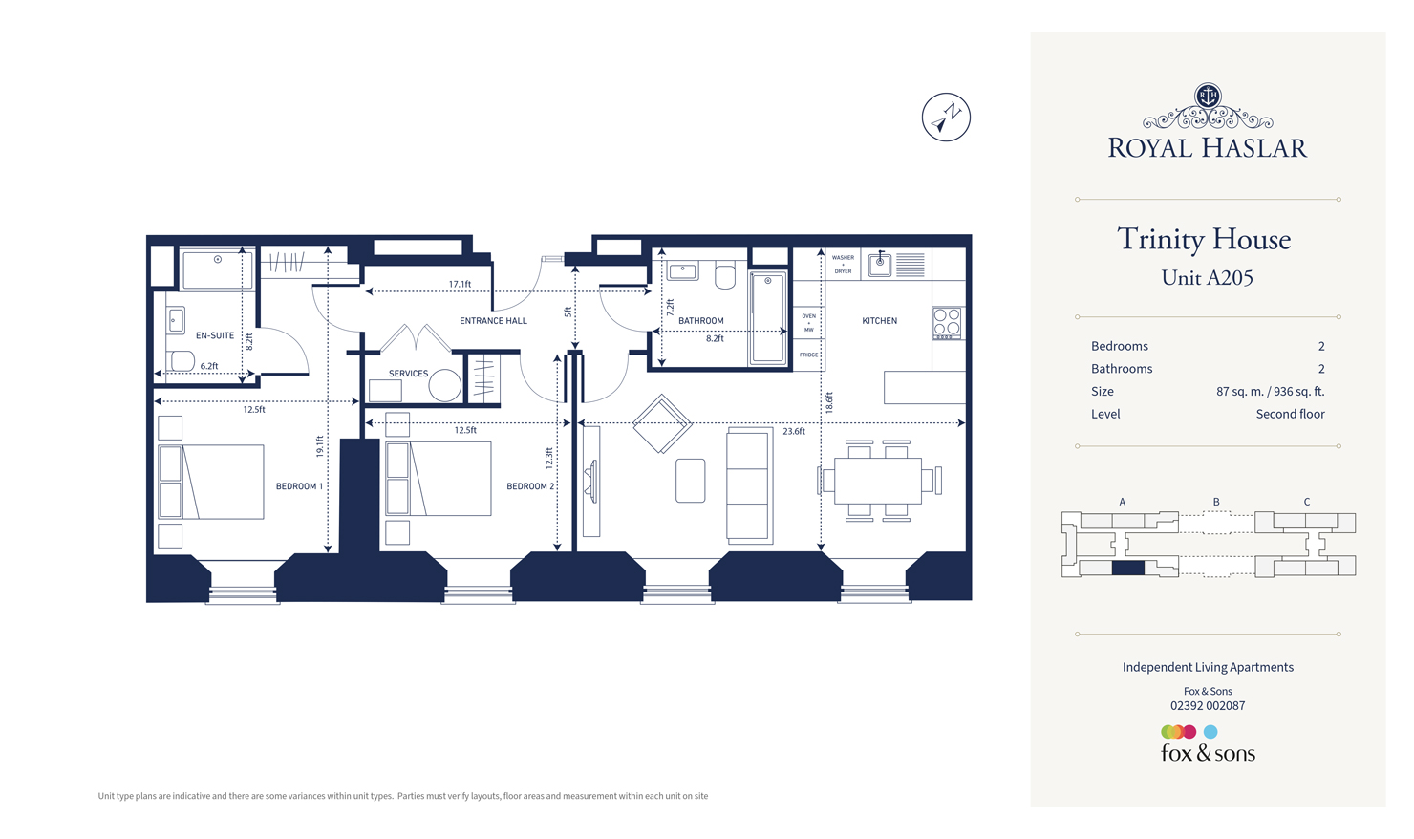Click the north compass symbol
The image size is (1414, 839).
[946, 118]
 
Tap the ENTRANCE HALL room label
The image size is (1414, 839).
[493, 321]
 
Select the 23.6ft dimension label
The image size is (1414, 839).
[793, 432]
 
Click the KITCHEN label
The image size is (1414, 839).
[879, 321]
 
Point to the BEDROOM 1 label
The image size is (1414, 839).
[299, 486]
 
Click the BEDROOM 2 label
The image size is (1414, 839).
[529, 486]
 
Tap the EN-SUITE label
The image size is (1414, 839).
[214, 335]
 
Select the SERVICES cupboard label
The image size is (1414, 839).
[408, 374]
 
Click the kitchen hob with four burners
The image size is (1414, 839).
[947, 324]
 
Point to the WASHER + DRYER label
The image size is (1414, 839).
[843, 265]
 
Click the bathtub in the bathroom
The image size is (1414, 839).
[767, 318]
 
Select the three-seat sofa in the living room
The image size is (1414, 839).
[749, 485]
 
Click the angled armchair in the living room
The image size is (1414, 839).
[662, 423]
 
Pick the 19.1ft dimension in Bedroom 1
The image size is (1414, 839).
[320, 445]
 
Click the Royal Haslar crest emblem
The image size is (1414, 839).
[1208, 96]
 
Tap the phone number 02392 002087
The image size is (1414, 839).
[1208, 706]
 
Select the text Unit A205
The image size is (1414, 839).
[1207, 278]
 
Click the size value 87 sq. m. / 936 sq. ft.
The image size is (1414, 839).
[1270, 392]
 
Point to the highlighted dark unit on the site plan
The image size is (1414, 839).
[1128, 568]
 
